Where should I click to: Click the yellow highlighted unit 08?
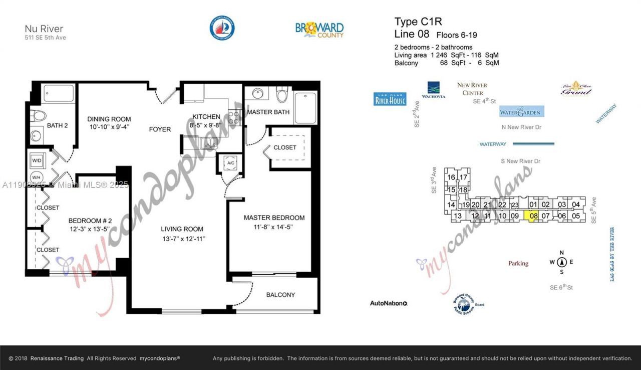coord(533,216)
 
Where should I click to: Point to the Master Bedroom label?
coord(274,218)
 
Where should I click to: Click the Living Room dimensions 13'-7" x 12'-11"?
coord(183,239)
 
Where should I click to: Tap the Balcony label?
coord(280,295)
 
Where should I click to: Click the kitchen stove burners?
coord(234,118)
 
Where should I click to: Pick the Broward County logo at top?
coord(319,29)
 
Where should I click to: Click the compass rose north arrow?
coord(561,262)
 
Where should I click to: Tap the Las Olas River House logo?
coord(390,99)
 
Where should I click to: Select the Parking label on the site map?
coord(518,263)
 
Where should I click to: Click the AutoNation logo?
coord(389,303)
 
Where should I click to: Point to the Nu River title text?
coord(44,29)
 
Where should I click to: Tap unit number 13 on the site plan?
coord(457,216)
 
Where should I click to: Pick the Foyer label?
coord(160,129)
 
